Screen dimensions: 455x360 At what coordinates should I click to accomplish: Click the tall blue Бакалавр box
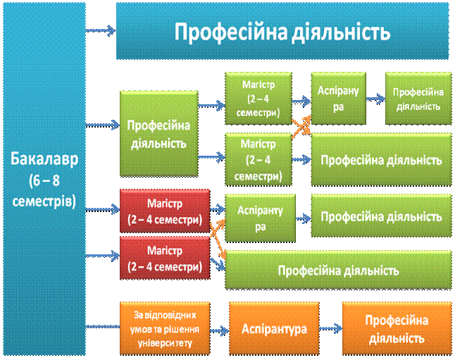coord(44,179)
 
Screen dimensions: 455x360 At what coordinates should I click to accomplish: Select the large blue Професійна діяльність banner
coord(282,31)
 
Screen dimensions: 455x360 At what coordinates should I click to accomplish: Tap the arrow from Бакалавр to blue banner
coord(101,30)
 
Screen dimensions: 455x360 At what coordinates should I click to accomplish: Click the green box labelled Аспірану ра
coord(338,99)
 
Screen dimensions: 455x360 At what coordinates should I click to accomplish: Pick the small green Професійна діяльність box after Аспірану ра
coord(418,99)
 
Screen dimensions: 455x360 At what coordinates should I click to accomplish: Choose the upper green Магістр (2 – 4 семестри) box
coord(258,99)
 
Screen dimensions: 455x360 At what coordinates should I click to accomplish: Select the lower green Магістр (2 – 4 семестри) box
coord(258,159)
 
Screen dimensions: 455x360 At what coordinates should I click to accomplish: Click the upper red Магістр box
coord(165,211)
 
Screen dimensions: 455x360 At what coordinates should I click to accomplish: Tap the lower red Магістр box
coord(165,258)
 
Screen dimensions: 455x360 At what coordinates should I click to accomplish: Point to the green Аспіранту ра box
coord(261,218)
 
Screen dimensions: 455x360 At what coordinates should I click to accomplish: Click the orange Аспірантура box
coord(274,328)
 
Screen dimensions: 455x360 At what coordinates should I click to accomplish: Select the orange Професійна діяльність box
coord(397,328)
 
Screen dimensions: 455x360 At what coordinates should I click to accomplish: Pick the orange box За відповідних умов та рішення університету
coord(165,328)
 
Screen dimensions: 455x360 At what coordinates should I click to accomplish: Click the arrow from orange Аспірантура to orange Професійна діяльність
coord(331,328)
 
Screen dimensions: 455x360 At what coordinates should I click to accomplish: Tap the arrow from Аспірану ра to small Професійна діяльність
coord(375,99)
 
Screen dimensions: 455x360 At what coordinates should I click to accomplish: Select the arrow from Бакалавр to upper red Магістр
coord(103,209)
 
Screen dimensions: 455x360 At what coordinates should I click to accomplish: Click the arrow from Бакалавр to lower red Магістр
coord(103,256)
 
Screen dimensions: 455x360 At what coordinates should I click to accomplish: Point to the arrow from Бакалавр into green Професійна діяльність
coord(103,125)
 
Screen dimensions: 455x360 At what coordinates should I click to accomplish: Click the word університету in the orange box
coord(165,343)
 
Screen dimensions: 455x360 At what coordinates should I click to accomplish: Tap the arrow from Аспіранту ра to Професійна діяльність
coord(304,218)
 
